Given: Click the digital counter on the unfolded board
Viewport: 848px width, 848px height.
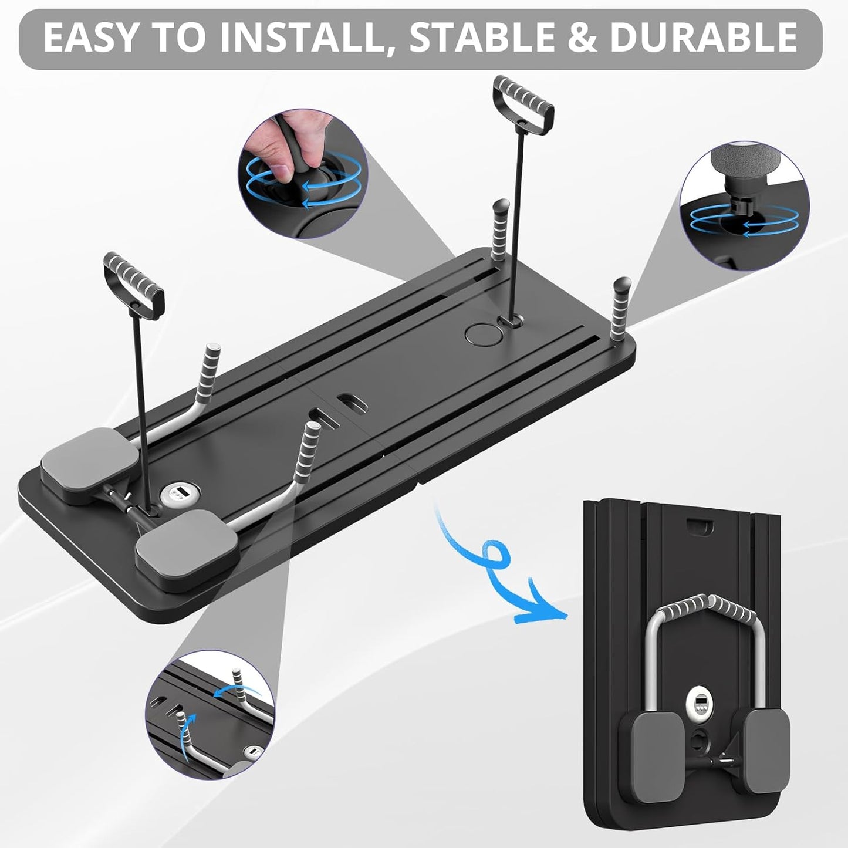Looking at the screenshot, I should (175, 492).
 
